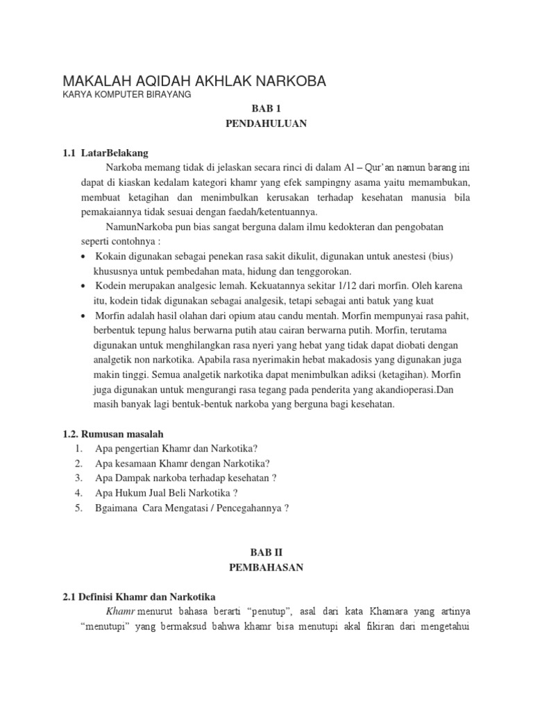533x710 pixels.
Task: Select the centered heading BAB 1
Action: click(x=266, y=109)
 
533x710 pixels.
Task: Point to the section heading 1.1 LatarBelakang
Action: click(x=105, y=153)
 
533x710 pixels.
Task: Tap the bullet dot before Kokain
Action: click(x=83, y=257)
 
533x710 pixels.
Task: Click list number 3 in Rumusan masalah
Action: click(x=80, y=478)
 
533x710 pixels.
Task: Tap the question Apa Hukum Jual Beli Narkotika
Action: click(x=167, y=492)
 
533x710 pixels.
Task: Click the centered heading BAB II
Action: click(x=266, y=552)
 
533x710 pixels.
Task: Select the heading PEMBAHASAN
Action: click(x=266, y=567)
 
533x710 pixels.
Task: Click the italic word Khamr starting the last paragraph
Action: click(x=121, y=612)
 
